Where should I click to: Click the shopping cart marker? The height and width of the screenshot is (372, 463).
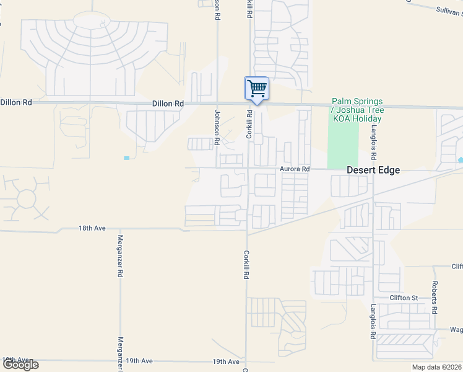[x=257, y=88]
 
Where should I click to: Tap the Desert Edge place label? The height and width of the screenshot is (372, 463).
[x=373, y=170]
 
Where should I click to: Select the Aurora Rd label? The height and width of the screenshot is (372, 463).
[x=294, y=169]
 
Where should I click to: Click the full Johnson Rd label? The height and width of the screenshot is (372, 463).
[x=217, y=127]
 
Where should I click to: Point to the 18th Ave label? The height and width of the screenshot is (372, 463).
[x=90, y=228]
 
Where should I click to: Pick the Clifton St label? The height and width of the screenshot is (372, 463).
[x=404, y=298]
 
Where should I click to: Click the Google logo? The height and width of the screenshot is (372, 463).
[x=20, y=365]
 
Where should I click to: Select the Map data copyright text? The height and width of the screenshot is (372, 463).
[x=437, y=367]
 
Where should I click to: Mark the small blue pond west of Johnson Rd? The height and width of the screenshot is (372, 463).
[x=127, y=158]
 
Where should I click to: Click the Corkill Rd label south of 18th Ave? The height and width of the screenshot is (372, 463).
[x=246, y=264]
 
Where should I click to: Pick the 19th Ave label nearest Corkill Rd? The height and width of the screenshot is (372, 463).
[x=225, y=361]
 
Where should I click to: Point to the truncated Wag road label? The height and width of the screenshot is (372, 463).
[x=456, y=330]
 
